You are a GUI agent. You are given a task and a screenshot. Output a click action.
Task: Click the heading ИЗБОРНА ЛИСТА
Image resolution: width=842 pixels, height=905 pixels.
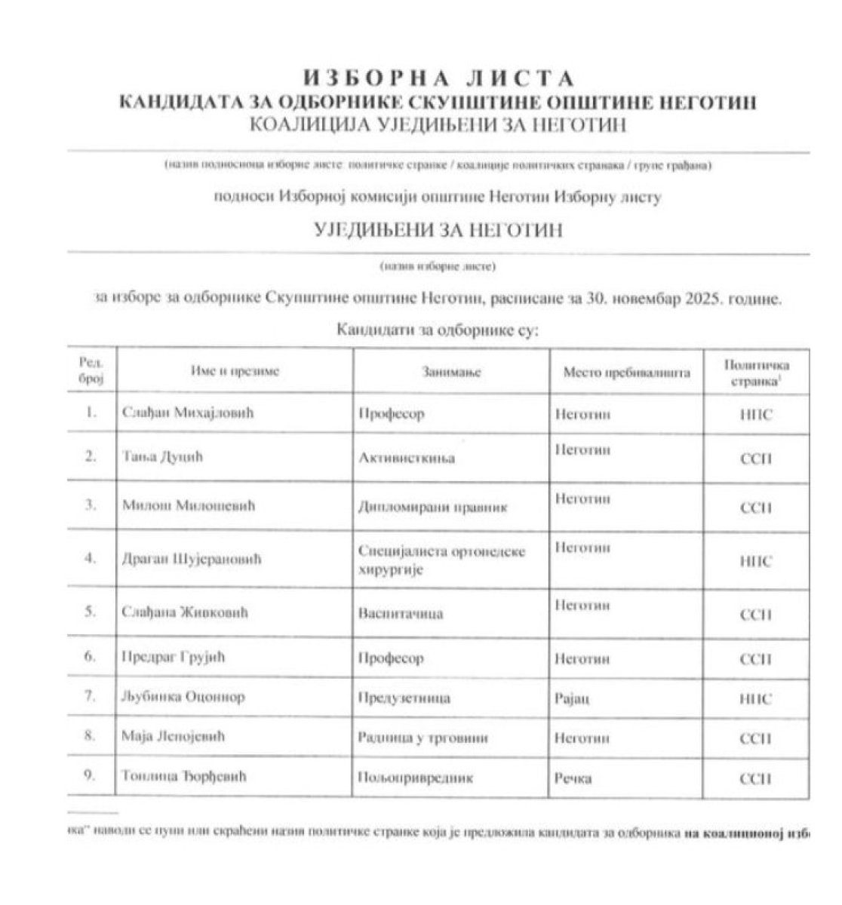click(x=438, y=78)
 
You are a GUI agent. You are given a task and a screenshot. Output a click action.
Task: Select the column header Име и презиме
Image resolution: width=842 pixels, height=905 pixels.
click(x=235, y=371)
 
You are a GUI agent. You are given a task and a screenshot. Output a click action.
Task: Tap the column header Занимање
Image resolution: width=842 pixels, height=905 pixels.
click(x=452, y=372)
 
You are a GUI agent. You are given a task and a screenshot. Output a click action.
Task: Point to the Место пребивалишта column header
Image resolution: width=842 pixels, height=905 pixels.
click(x=626, y=372)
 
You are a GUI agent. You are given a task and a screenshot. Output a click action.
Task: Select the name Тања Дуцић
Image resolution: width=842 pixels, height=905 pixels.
click(x=163, y=457)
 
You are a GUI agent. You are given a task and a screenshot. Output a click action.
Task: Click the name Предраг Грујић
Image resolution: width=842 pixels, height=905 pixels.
click(x=174, y=658)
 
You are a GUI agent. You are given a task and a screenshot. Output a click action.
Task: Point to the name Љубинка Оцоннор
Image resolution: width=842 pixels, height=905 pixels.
click(x=183, y=698)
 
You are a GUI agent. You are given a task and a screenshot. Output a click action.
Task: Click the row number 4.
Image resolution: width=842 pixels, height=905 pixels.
click(x=92, y=560)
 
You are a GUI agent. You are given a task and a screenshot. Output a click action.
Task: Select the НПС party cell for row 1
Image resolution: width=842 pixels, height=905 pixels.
click(x=757, y=415)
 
